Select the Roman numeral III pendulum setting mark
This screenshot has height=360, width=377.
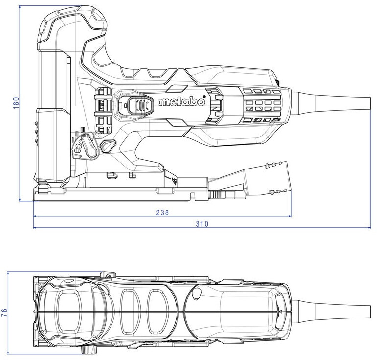(x=82, y=129)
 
